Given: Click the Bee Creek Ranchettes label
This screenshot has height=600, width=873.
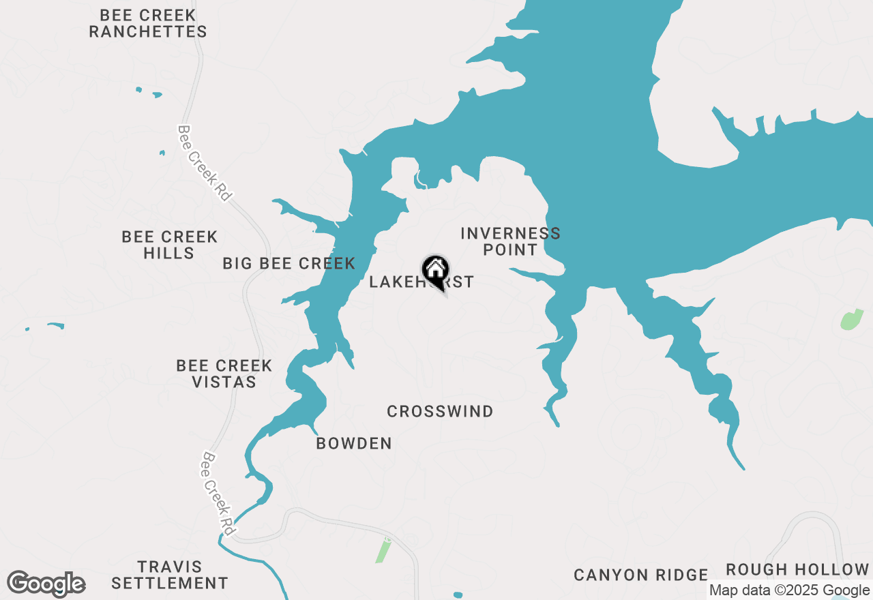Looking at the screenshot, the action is [148, 23].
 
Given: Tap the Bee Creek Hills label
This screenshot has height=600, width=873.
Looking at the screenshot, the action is [170, 245].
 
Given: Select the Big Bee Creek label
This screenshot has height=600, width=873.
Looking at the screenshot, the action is [289, 263].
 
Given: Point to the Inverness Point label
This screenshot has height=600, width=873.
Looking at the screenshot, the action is [510, 241].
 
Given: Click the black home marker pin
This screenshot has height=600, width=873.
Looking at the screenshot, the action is [435, 271].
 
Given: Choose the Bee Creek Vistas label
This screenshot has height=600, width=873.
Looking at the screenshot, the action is [224, 374].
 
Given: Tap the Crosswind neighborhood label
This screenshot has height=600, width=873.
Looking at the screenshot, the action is [440, 411].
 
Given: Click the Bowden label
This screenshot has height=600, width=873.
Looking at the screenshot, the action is [354, 444].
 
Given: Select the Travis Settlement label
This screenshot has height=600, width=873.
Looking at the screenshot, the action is [170, 575].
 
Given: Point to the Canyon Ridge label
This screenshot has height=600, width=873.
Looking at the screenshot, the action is [641, 575].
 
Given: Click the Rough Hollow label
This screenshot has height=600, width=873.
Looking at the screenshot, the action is [797, 569].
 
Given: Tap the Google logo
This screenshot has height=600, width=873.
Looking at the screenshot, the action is [46, 584].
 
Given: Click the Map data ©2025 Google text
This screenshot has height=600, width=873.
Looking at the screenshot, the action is [789, 590].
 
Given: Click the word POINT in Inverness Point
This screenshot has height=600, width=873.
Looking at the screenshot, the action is [510, 250].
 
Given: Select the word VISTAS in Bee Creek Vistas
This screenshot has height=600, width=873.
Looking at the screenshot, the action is [224, 382].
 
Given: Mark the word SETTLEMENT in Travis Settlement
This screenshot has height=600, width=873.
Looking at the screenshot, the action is [170, 583].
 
